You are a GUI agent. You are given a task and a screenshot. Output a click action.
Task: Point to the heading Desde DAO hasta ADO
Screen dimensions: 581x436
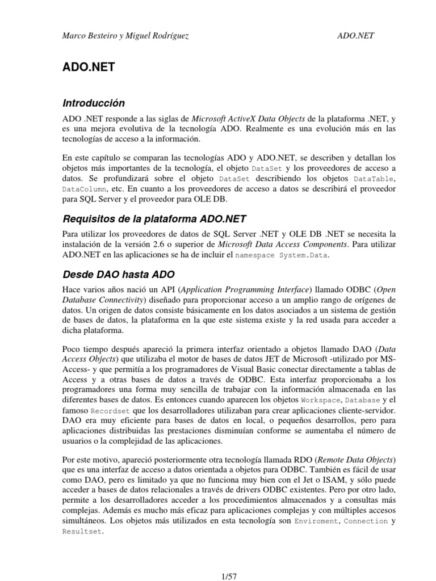point(110,275)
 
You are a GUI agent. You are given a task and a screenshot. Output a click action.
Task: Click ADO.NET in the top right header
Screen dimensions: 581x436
point(355,36)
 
